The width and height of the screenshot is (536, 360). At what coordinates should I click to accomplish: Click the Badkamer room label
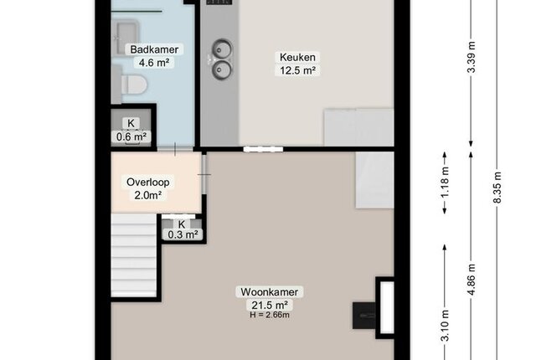(x=154, y=49)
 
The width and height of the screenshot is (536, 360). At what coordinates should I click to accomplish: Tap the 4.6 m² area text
(x=154, y=63)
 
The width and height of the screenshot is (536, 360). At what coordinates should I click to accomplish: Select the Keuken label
(x=297, y=57)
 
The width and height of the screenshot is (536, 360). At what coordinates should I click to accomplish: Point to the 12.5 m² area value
(x=297, y=70)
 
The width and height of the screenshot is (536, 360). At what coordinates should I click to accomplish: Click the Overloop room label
(x=148, y=182)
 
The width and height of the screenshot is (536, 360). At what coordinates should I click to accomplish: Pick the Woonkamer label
(x=270, y=292)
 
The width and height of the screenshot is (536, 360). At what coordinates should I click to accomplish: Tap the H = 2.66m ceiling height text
(x=270, y=315)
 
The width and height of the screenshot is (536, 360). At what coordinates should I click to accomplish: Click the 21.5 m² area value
(x=270, y=305)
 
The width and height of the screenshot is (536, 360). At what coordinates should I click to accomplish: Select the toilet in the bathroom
(x=134, y=85)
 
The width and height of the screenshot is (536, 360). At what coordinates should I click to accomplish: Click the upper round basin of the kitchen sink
(x=221, y=49)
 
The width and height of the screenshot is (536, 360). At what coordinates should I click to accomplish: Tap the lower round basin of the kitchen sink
(x=221, y=69)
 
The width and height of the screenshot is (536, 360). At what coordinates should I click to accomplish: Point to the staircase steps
(x=134, y=255)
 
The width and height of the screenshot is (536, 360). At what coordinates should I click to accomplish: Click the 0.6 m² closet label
(x=131, y=137)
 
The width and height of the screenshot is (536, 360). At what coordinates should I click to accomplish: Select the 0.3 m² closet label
(x=183, y=234)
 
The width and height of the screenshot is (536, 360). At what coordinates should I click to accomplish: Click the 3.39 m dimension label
(x=472, y=57)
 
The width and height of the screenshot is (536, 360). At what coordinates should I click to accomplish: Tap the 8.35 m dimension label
(x=497, y=188)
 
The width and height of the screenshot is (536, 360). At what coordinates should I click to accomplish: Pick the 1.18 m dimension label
(x=445, y=183)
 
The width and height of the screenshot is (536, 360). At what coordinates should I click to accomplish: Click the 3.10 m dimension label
(x=445, y=326)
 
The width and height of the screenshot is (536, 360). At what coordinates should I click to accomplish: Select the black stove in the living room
(x=364, y=316)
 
